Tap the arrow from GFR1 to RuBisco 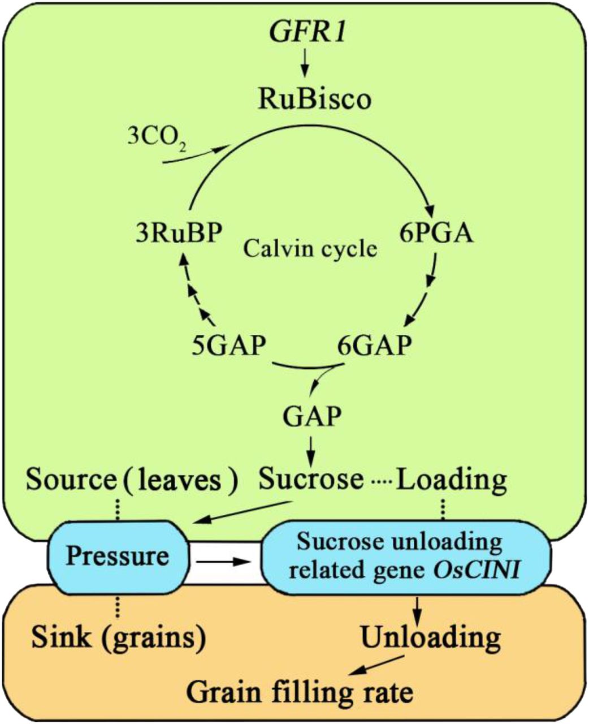(x=305, y=63)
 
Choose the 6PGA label (x=436, y=232)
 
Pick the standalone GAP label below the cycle (x=312, y=417)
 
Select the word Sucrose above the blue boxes (x=311, y=479)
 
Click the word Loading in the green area (x=451, y=480)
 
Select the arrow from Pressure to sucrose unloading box (x=223, y=562)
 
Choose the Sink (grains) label (x=118, y=638)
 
